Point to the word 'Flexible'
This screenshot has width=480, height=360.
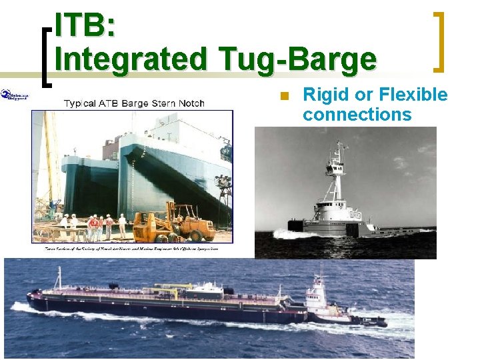point(413,95)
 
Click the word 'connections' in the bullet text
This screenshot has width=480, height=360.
point(357,114)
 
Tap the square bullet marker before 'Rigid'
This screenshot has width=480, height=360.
point(283,95)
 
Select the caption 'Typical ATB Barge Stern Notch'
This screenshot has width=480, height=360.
point(134,103)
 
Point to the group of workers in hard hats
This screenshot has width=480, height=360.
point(93,225)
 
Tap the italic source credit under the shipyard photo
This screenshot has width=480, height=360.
point(133,248)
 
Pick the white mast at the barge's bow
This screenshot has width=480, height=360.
point(59,278)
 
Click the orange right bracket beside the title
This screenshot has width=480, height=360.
point(439,41)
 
